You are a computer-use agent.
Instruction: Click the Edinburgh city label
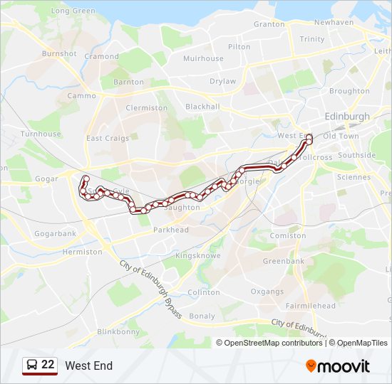pos(347,116)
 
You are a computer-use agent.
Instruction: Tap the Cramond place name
pos(101,56)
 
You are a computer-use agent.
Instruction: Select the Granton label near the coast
pos(269,23)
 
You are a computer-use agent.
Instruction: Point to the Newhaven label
pos(334,22)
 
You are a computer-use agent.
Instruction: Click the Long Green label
pos(73,11)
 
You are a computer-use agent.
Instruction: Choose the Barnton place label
pos(128,82)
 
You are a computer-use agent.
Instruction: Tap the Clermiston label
pos(146,108)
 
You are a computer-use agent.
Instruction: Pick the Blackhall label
pos(202,107)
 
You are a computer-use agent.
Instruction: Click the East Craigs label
pos(108,139)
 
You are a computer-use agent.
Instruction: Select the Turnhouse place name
pos(41,134)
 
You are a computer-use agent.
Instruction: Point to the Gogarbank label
pos(55,233)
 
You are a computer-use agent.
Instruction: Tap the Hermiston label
pos(83,252)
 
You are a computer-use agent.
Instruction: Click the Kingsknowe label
pos(198,255)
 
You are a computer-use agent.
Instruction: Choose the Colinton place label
pos(204,292)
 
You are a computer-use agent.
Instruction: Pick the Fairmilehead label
pos(310,306)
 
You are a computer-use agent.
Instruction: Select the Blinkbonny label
pos(118,331)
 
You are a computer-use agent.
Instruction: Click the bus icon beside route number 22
pos(31,366)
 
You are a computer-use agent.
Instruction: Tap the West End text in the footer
pos(88,366)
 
